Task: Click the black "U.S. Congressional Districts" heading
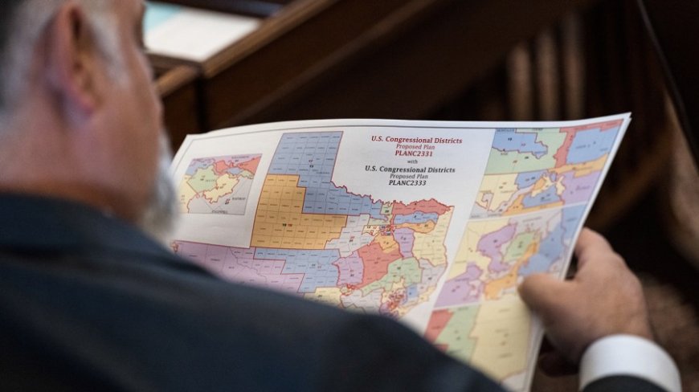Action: (410, 169)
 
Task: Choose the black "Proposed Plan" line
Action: (410, 176)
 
